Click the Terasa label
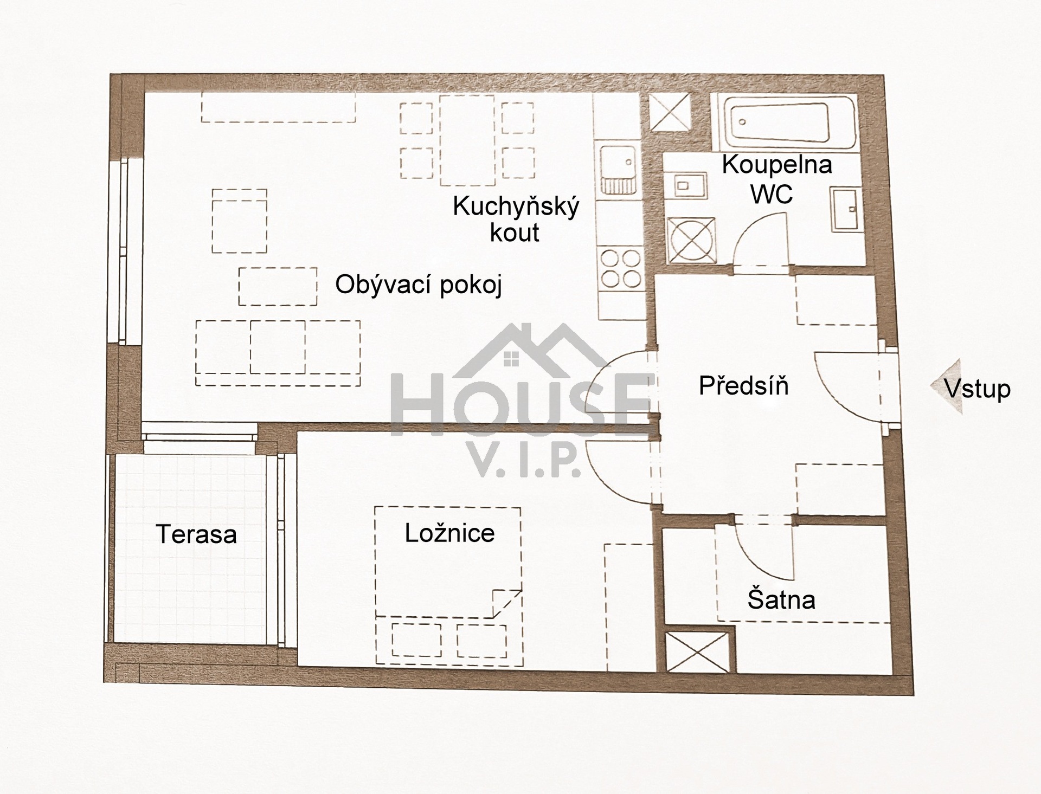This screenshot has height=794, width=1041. point(196,534)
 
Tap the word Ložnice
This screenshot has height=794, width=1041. point(449,533)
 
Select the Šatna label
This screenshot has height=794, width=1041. point(781,600)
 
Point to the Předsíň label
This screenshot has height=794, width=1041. point(743,386)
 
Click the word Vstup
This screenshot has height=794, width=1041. point(978,389)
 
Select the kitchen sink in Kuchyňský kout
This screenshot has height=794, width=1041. point(618,169)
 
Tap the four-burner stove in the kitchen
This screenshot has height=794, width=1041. point(621,268)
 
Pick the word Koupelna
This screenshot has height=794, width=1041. point(776,165)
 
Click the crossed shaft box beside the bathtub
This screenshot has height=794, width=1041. point(670,112)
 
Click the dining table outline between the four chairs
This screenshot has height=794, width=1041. point(467,140)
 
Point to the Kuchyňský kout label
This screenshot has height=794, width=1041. point(516,220)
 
